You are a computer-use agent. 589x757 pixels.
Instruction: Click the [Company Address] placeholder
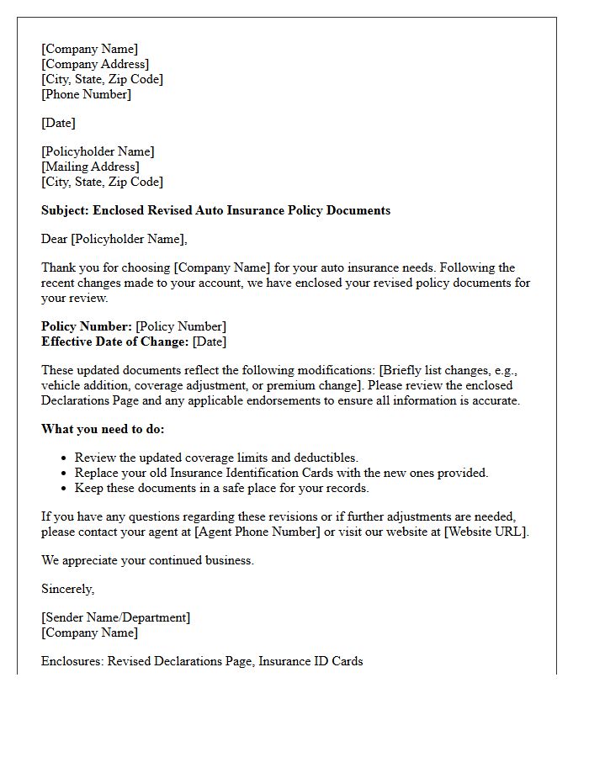click(x=95, y=64)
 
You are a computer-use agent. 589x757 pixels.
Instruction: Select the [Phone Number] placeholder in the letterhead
click(x=86, y=94)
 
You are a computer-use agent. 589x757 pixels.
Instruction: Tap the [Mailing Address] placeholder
click(x=90, y=167)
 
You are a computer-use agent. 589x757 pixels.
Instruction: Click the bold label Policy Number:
click(x=87, y=326)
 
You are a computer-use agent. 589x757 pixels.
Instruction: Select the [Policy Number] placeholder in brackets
click(x=181, y=326)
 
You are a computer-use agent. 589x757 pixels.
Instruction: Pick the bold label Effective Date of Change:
click(x=114, y=341)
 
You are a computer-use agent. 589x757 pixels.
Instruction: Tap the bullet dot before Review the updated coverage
click(x=64, y=458)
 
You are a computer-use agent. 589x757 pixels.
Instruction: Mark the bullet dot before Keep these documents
click(x=64, y=489)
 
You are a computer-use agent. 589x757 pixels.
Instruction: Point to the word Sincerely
click(x=67, y=589)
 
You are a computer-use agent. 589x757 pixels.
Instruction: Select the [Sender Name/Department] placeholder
click(x=115, y=617)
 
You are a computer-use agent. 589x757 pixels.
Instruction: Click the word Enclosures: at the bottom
click(x=72, y=661)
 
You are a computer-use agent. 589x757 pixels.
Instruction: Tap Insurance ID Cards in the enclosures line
click(x=310, y=661)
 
